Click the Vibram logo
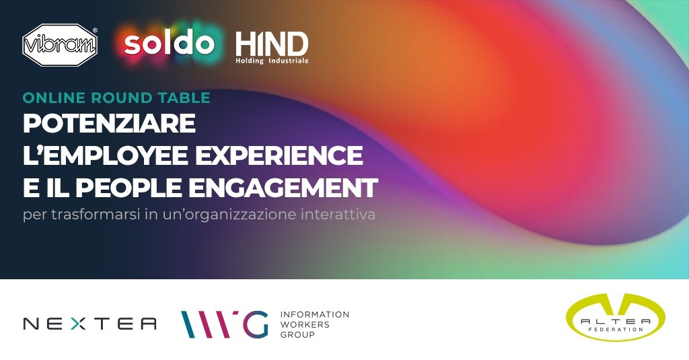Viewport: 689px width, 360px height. click(x=60, y=45)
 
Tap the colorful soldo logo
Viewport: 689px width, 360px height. click(x=169, y=43)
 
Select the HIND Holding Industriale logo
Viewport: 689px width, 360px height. click(x=272, y=48)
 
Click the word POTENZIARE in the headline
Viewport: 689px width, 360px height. click(x=109, y=123)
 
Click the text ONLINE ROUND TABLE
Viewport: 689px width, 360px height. click(x=116, y=98)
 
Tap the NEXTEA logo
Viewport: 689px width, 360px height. click(x=89, y=324)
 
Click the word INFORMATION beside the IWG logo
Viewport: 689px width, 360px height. click(x=315, y=315)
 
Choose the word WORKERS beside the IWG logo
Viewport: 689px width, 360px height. click(x=305, y=325)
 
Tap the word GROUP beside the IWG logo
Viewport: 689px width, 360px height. click(x=297, y=335)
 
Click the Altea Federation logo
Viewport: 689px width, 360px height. click(x=616, y=318)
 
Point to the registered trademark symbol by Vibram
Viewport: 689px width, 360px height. click(x=94, y=31)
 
